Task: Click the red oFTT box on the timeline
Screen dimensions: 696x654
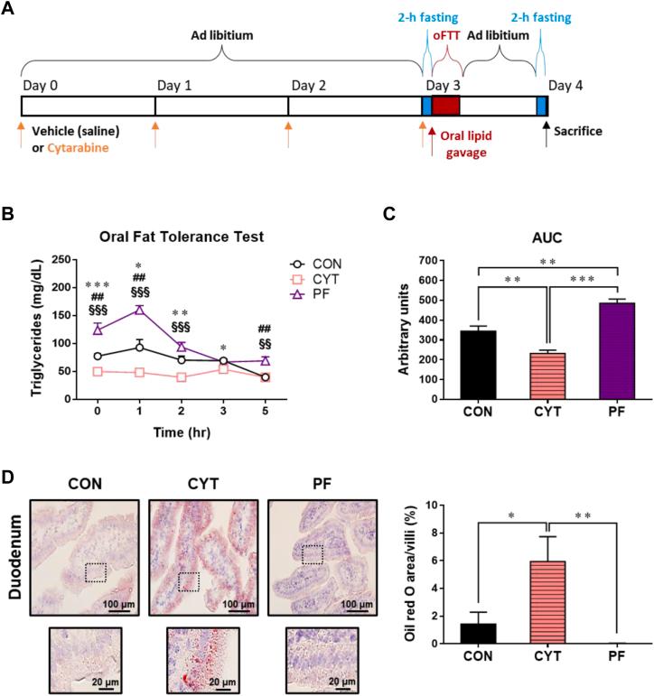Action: point(446,106)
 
